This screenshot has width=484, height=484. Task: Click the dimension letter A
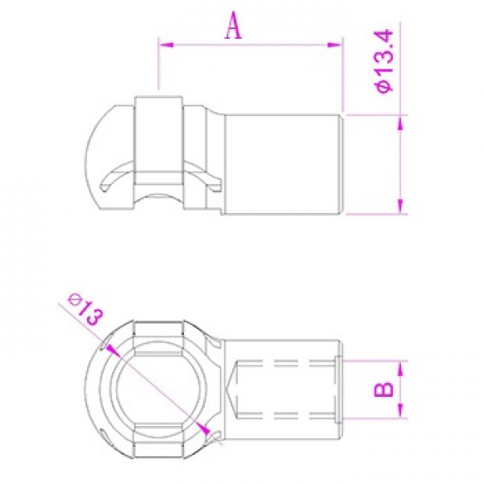coord(234,27)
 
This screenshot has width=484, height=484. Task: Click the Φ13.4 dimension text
coord(384,60)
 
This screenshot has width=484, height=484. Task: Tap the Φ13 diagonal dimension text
coord(86,310)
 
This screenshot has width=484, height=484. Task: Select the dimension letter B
coord(384,389)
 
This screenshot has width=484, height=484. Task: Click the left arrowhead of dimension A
coord(165,45)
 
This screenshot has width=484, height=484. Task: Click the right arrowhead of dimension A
coord(335,45)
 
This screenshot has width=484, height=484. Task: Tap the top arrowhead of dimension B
coord(400,369)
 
